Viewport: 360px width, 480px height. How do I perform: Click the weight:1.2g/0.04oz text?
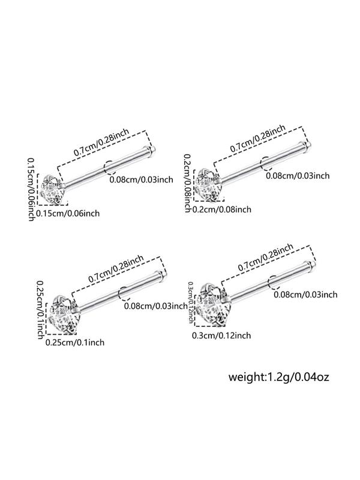pyautogui.click(x=278, y=377)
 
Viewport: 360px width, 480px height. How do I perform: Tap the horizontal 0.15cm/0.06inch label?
pyautogui.click(x=68, y=213)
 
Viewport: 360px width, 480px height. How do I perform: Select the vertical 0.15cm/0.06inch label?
pyautogui.click(x=31, y=189)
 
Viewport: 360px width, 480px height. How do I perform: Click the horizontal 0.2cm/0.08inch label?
pyautogui.click(x=221, y=209)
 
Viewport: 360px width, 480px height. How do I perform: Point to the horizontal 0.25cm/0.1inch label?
pyautogui.click(x=74, y=342)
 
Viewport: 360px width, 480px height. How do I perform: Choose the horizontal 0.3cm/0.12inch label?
pyautogui.click(x=221, y=335)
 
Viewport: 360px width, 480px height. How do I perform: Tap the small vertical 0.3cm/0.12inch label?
pyautogui.click(x=190, y=302)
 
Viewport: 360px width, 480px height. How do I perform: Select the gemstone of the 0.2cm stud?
pyautogui.click(x=208, y=186)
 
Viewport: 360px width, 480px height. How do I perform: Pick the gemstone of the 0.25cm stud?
pyautogui.click(x=63, y=314)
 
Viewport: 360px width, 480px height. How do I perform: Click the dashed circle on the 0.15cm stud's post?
pyautogui.click(x=110, y=167)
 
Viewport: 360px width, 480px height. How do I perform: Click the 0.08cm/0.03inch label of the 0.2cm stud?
pyautogui.click(x=298, y=176)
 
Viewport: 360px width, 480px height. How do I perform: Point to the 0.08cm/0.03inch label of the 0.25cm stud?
pyautogui.click(x=156, y=305)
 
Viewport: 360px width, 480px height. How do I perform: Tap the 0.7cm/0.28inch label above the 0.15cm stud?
pyautogui.click(x=101, y=142)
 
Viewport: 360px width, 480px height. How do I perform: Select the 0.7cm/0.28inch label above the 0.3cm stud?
pyautogui.click(x=266, y=257)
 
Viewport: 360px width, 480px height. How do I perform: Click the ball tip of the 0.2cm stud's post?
pyautogui.click(x=308, y=145)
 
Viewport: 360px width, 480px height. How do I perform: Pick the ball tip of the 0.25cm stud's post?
pyautogui.click(x=163, y=274)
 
